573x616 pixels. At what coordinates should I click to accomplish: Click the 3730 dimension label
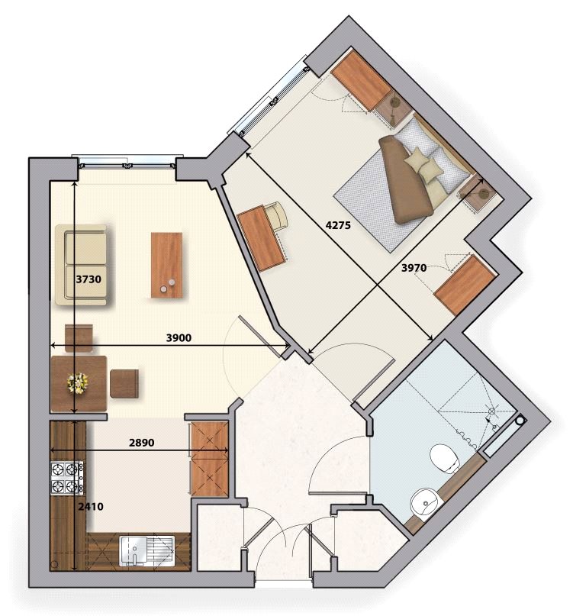tap(89, 279)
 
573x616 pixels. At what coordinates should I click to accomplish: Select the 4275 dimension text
tap(340, 226)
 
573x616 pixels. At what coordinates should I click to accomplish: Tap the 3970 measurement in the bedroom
tap(417, 267)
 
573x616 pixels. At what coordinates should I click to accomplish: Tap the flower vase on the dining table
tap(76, 382)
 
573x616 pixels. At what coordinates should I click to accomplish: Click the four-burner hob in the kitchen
tap(66, 478)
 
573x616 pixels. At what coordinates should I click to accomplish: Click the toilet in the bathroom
tap(443, 459)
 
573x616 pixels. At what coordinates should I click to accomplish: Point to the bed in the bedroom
tap(401, 183)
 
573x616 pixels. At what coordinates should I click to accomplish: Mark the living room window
tap(127, 161)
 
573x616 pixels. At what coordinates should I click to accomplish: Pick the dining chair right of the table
tap(124, 383)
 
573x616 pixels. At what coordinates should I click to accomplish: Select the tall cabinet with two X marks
tap(209, 459)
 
